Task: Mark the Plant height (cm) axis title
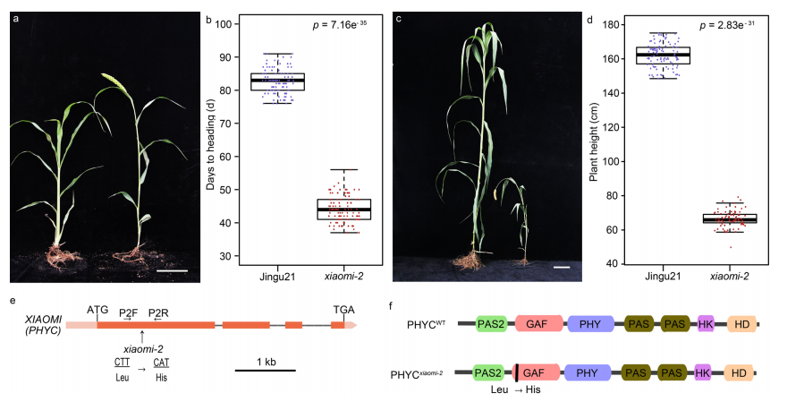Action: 592,143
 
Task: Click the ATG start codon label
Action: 97,309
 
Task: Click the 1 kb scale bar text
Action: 266,361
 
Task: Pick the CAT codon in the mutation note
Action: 162,362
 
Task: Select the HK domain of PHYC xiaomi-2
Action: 701,372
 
